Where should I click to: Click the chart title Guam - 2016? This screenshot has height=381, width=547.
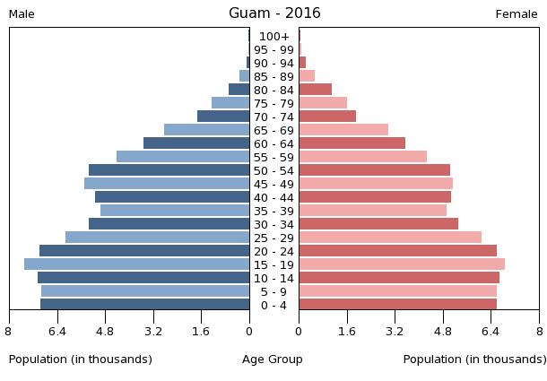(274, 13)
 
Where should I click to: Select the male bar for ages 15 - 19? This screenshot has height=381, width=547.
(136, 264)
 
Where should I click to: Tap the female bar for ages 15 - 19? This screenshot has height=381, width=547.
(402, 264)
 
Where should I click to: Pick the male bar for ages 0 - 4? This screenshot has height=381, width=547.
(144, 305)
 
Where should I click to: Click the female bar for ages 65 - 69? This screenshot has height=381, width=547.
(343, 130)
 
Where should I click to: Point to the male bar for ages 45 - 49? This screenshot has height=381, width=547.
(167, 184)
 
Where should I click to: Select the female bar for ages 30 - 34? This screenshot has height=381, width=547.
(378, 224)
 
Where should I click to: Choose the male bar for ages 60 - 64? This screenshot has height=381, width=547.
(196, 143)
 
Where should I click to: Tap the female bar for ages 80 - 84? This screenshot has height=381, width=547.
(316, 90)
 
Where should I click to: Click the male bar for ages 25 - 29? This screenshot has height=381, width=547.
(157, 238)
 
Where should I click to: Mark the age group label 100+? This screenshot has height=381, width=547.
(273, 36)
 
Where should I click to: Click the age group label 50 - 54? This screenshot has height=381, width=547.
(273, 170)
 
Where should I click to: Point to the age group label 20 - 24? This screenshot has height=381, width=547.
(273, 251)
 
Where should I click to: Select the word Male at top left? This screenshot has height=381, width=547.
(22, 14)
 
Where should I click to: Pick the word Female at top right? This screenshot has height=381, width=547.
(517, 14)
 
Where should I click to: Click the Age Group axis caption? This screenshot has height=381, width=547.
(273, 359)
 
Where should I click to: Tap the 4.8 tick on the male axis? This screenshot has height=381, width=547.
(105, 331)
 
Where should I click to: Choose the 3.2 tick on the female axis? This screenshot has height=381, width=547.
(395, 331)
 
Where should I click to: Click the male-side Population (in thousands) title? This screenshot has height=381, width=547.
(81, 359)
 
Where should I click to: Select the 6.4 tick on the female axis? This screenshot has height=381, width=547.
(491, 331)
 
